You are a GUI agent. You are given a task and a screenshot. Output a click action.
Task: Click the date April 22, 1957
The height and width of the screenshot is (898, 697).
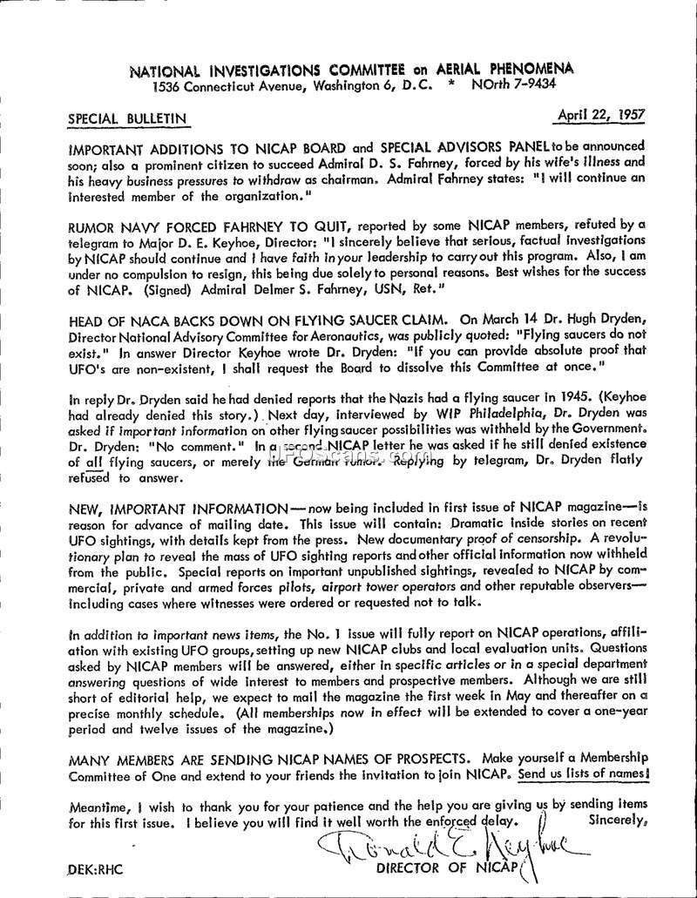pyautogui.click(x=608, y=114)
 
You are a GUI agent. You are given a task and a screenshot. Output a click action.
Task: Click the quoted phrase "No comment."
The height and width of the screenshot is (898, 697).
pyautogui.click(x=192, y=442)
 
